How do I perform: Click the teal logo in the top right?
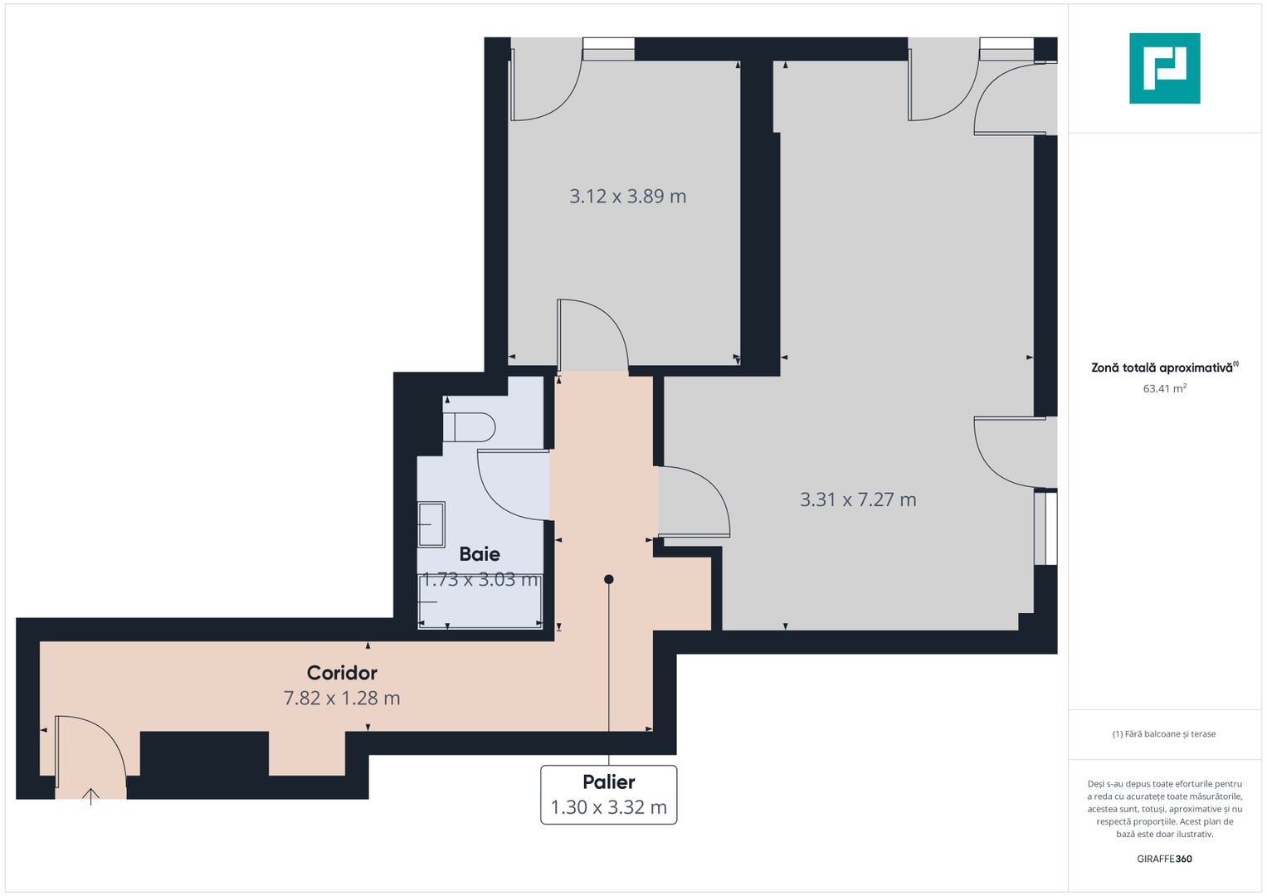pos(1164,68)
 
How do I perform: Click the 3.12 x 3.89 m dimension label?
pos(627,197)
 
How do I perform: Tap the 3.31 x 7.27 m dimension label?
pos(858,499)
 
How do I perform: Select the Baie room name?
pos(480,553)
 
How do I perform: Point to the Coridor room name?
pos(342,673)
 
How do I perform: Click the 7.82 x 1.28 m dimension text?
pos(342,699)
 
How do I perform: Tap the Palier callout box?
pos(608,795)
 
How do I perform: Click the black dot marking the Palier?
pos(608,579)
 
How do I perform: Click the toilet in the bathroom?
pos(470,427)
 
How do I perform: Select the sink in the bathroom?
pos(431,524)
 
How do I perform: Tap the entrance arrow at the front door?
pos(90,796)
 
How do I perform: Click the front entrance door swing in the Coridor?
pos(90,751)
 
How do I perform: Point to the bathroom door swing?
pos(510,485)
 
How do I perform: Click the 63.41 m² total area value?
pos(1164,388)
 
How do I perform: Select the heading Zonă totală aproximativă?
pos(1162,368)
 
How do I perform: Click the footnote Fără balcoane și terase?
pos(1164,734)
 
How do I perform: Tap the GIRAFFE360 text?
pos(1164,859)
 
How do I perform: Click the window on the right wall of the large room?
pos(1045,528)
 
